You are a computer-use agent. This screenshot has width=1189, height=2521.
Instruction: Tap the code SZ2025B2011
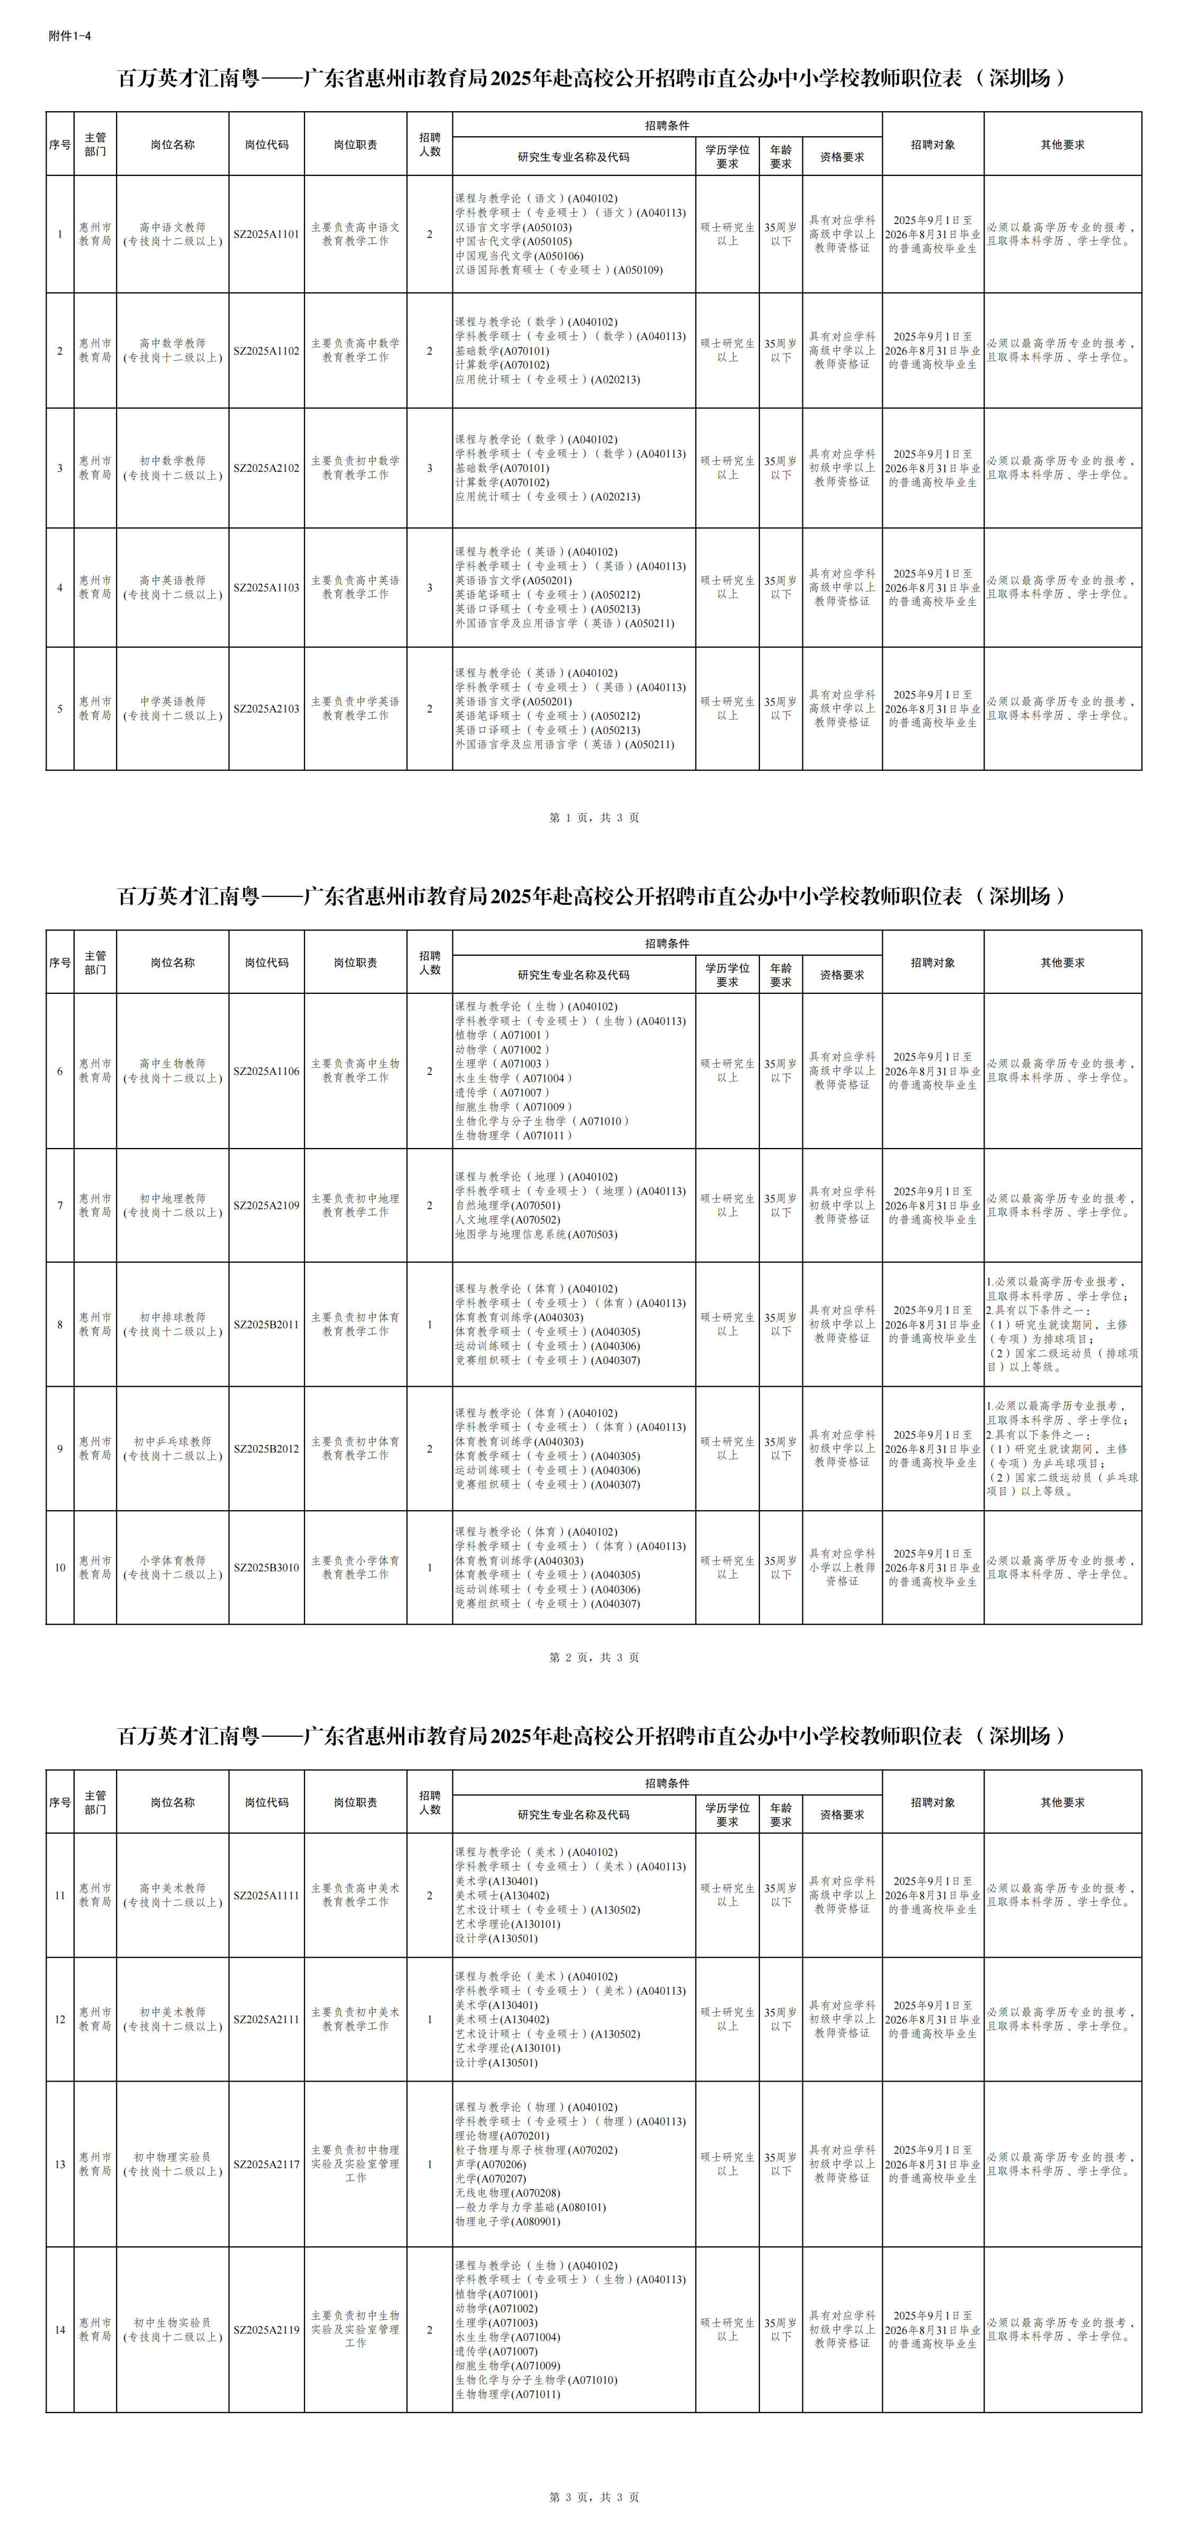click(x=266, y=1325)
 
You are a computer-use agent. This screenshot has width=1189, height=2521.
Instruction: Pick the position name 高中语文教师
click(x=172, y=227)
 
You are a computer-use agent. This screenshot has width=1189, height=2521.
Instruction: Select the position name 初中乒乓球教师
click(x=172, y=1441)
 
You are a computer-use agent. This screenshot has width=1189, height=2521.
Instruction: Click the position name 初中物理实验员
click(x=172, y=2157)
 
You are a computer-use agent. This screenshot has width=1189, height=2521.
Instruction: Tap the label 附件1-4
click(x=69, y=36)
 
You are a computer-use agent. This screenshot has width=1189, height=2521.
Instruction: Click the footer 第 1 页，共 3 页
click(x=594, y=817)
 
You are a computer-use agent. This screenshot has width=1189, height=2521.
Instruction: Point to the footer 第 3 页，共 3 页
click(x=594, y=2497)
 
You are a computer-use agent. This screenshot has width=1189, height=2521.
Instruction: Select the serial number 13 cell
click(x=60, y=2164)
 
